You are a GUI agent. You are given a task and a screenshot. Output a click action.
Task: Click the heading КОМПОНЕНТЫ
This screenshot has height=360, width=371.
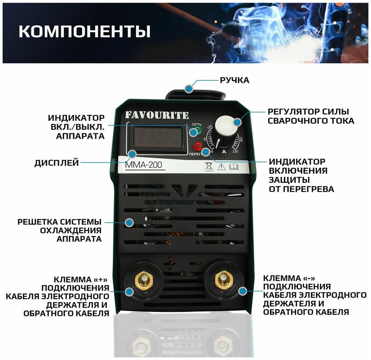85,31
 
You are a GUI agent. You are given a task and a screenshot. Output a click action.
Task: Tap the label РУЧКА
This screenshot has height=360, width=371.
234,80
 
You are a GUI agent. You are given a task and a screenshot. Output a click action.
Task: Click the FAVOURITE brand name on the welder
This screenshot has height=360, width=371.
157,115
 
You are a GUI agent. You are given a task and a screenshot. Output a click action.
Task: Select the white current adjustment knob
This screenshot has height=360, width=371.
226,126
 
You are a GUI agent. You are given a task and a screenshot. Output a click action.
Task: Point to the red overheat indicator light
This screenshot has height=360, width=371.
198,146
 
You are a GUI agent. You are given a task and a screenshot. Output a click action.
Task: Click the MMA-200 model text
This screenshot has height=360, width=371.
143,165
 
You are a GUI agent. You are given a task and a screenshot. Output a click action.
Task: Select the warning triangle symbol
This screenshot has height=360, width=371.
221,166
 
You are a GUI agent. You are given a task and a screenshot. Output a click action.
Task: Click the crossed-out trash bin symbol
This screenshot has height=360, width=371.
209,166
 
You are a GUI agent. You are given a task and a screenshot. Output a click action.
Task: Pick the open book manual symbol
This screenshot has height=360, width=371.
234,166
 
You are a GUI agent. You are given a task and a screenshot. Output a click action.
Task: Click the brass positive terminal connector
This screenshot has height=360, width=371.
143,280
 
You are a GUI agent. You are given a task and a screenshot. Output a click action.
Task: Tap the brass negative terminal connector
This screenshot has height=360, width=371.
224,279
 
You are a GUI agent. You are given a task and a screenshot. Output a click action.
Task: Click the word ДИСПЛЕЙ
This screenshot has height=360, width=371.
56,163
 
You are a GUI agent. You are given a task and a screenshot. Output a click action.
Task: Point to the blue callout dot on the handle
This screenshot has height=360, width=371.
189,89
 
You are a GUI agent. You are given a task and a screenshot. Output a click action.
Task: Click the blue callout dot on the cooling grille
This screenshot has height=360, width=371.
129,222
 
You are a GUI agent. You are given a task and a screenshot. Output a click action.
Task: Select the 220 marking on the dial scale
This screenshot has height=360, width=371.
235,151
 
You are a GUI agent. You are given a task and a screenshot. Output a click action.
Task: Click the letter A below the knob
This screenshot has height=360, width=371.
224,151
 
